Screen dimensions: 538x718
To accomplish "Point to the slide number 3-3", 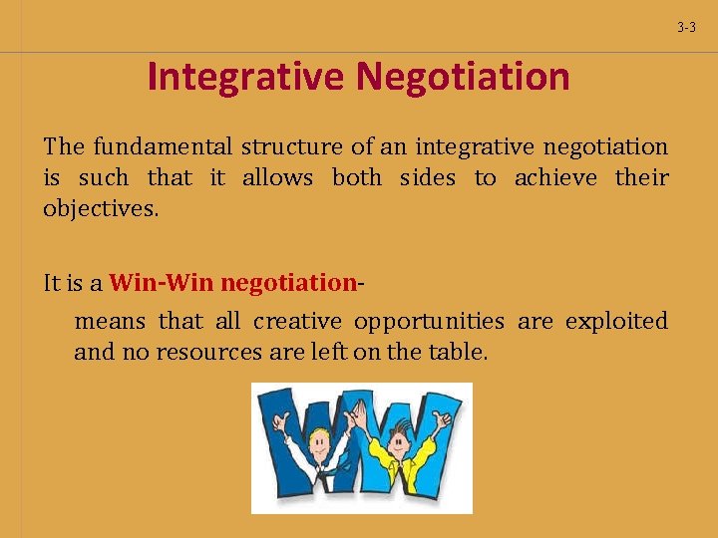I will (686, 28).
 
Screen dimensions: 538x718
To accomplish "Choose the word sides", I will (427, 178).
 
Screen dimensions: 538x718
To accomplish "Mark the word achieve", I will (555, 178).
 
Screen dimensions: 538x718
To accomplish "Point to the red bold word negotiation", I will (287, 283).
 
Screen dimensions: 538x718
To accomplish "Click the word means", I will (110, 321).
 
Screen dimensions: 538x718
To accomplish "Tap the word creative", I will (296, 321).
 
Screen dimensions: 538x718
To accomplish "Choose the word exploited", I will (616, 321).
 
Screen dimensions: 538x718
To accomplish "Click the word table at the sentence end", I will (461, 352).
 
